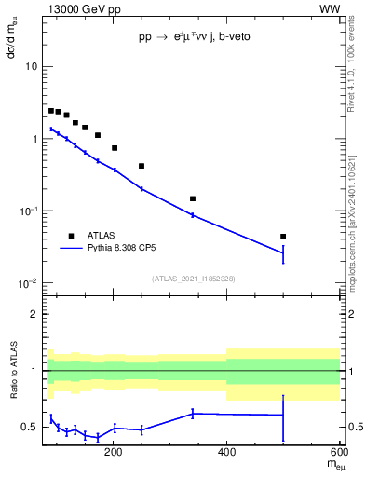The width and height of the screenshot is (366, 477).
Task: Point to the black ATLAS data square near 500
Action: tap(283, 237)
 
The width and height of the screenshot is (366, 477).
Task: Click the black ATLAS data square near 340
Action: tap(193, 198)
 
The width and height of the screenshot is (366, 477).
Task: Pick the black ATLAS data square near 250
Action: tap(142, 166)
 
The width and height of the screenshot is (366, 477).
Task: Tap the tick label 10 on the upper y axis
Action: tap(31, 67)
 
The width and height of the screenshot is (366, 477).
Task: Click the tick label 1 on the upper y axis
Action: tap(34, 139)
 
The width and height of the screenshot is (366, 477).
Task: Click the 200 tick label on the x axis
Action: tap(114, 454)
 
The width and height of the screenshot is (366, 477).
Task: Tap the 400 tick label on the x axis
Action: tap(226, 454)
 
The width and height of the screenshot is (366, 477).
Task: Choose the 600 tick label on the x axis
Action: tap(338, 454)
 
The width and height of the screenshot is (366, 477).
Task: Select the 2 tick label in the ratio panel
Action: tap(34, 315)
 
